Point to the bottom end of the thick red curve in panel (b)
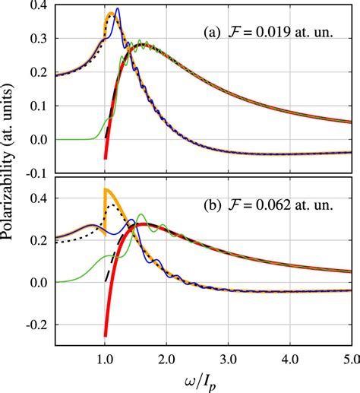(106, 334)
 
